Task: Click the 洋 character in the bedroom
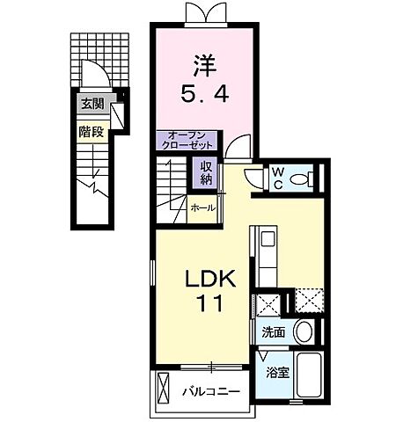pyautogui.click(x=205, y=67)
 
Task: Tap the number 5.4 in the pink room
pyautogui.click(x=204, y=93)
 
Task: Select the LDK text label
pyautogui.click(x=210, y=279)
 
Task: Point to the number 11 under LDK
pyautogui.click(x=210, y=303)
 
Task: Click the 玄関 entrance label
pyautogui.click(x=93, y=104)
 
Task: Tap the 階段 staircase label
pyautogui.click(x=92, y=132)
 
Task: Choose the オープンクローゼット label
pyautogui.click(x=187, y=141)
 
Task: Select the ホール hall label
pyautogui.click(x=203, y=208)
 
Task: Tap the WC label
pyautogui.click(x=277, y=178)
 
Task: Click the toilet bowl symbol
pyautogui.click(x=301, y=178)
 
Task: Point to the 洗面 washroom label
pyautogui.click(x=274, y=332)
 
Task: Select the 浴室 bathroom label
pyautogui.click(x=278, y=373)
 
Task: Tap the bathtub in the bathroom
pyautogui.click(x=310, y=375)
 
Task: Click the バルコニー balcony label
pyautogui.click(x=211, y=391)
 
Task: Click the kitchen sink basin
pyautogui.click(x=268, y=239)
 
